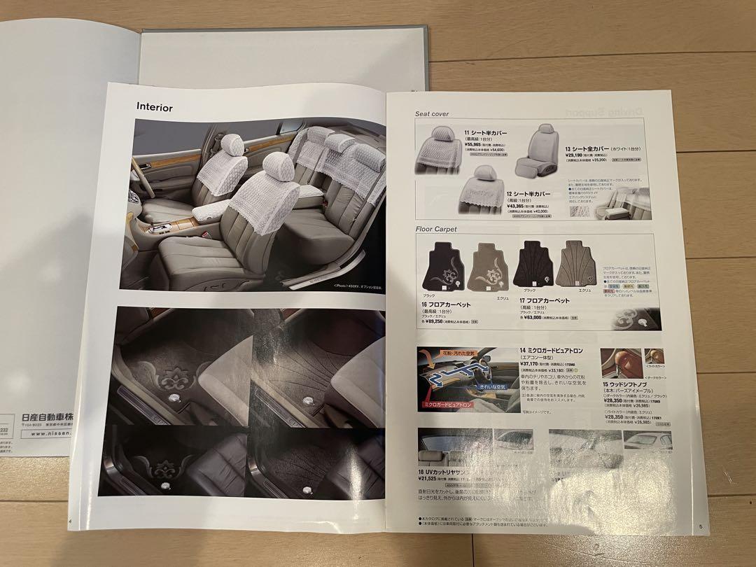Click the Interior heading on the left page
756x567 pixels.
tap(154, 107)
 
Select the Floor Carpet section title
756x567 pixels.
tap(435, 229)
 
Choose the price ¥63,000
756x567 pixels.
tap(537, 316)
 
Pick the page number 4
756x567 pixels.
tap(70, 520)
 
